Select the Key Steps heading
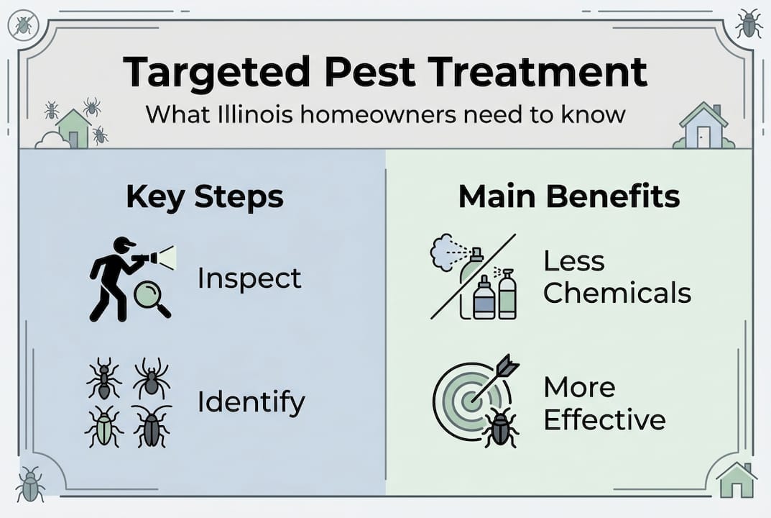pos(205,197)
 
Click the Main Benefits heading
pos(569,197)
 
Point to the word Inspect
pos(249,278)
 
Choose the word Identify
pos(251,402)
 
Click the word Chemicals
pos(617,293)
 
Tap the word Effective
pos(604,419)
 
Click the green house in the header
pos(73,128)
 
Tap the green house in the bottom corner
pos(736,481)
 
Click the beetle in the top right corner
pos(748,24)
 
